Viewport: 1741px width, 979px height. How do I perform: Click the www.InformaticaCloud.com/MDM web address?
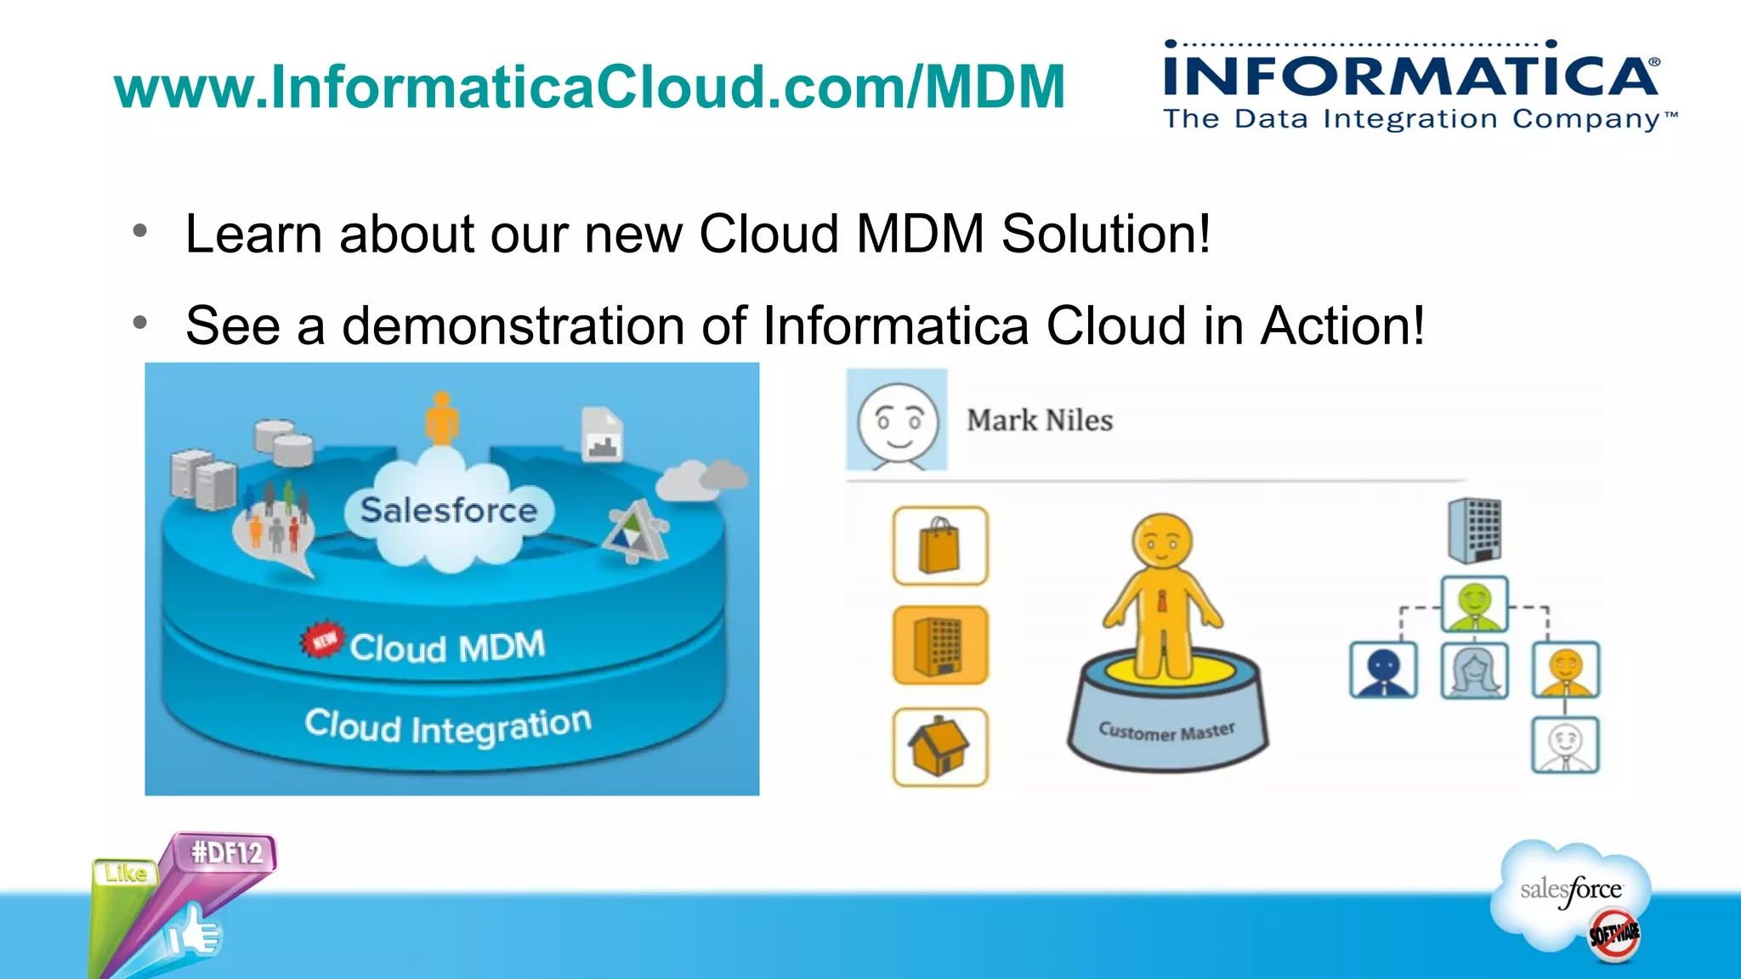pyautogui.click(x=589, y=87)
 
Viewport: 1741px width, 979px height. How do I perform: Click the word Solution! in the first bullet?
pyautogui.click(x=1105, y=234)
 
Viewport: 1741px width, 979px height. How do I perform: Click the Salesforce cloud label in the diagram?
pyautogui.click(x=448, y=510)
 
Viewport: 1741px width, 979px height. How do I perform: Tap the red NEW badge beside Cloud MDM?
pyautogui.click(x=322, y=639)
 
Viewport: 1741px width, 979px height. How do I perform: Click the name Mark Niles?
pyautogui.click(x=1039, y=420)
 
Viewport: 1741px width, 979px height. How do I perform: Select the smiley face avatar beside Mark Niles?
pyautogui.click(x=897, y=421)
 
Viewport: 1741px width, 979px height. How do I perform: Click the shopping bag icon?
pyautogui.click(x=940, y=546)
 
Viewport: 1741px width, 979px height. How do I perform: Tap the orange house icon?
pyautogui.click(x=940, y=746)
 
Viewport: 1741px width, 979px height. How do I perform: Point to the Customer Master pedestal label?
pyautogui.click(x=1166, y=731)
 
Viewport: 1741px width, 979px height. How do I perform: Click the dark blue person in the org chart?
pyautogui.click(x=1383, y=670)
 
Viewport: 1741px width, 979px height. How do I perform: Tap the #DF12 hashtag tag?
pyautogui.click(x=226, y=852)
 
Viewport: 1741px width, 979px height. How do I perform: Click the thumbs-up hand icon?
pyautogui.click(x=194, y=933)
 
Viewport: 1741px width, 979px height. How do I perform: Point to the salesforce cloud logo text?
pyautogui.click(x=1571, y=890)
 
